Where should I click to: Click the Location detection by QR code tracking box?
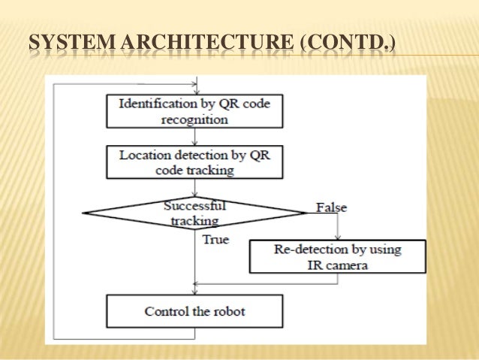coord(195,162)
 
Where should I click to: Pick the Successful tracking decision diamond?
coord(194,213)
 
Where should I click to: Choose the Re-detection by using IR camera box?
coord(337,256)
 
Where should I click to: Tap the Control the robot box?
coord(195,311)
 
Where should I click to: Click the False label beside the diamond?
coord(331,207)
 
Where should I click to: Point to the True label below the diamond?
coord(215,239)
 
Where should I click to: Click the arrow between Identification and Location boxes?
coord(195,136)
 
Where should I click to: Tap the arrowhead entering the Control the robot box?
coord(195,292)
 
